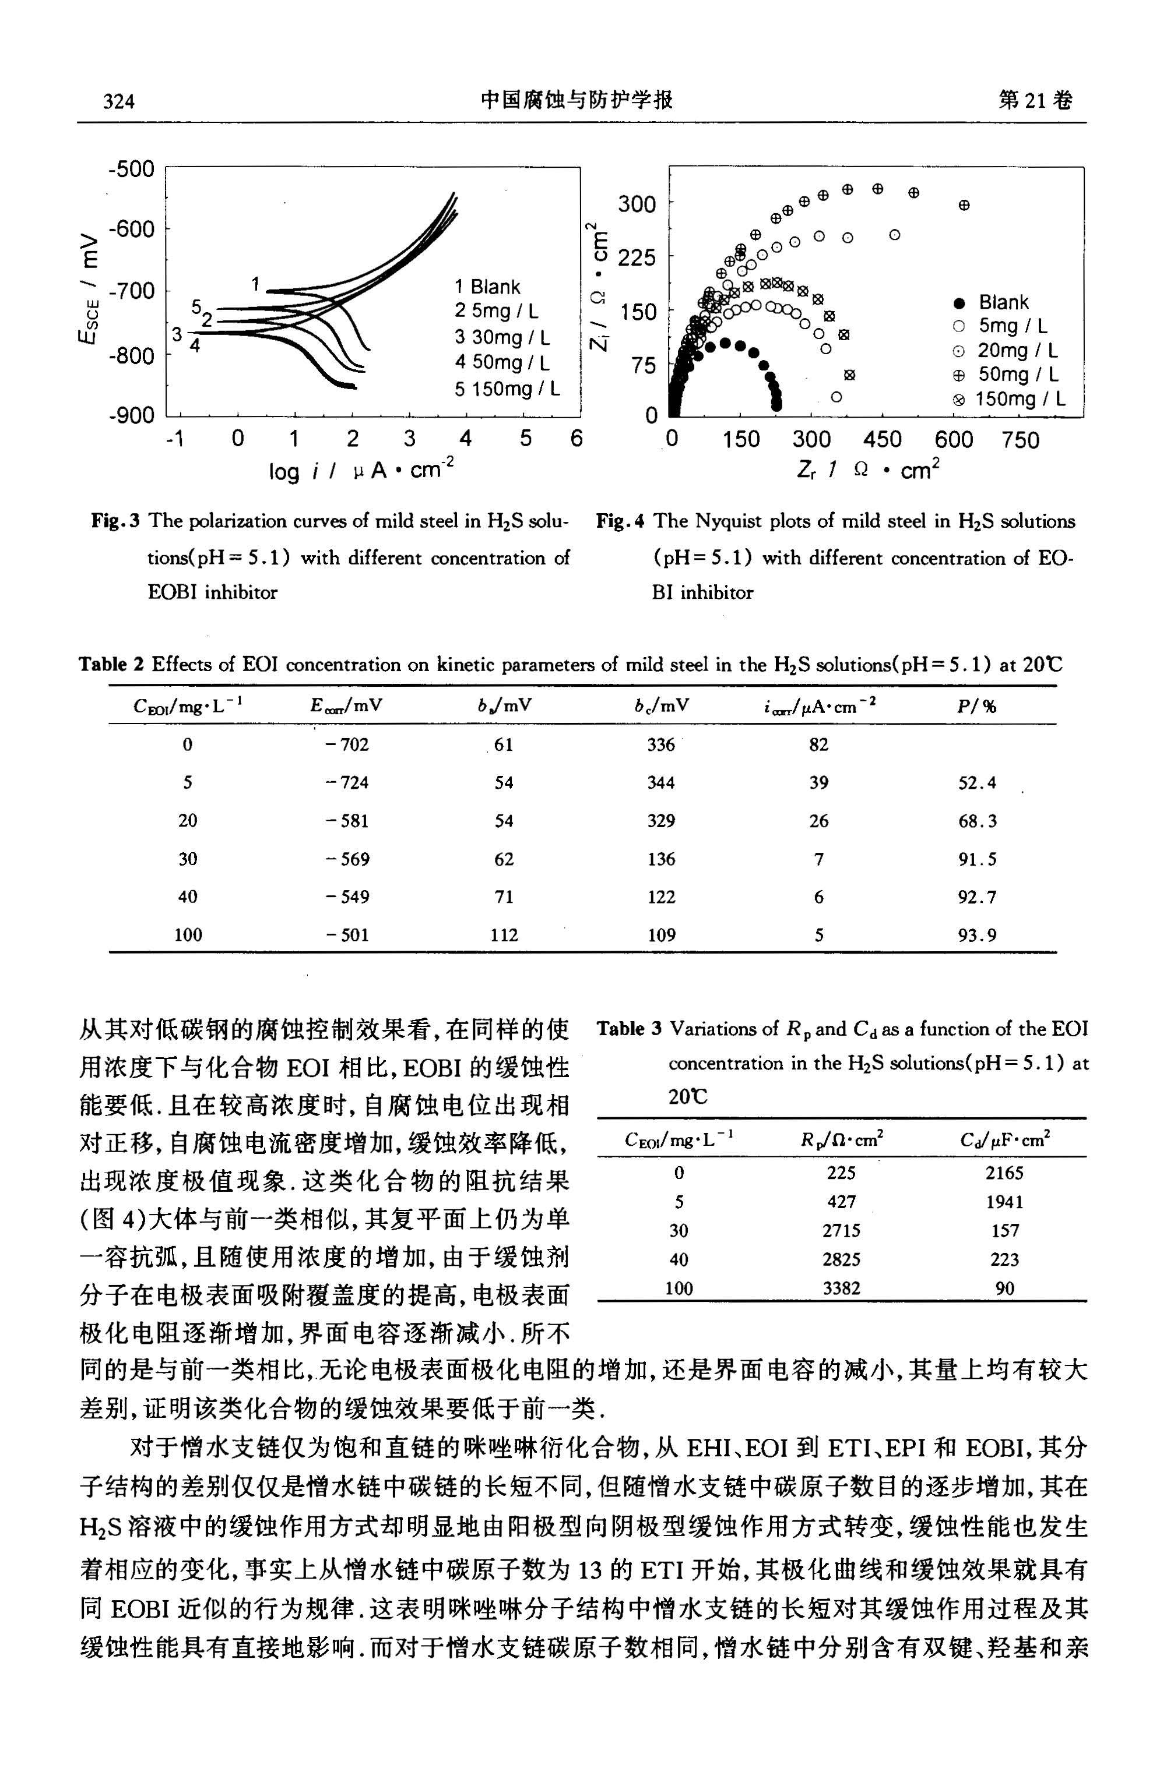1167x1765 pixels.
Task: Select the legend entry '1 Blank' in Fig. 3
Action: pos(487,287)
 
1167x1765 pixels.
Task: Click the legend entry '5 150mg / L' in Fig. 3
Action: pos(508,389)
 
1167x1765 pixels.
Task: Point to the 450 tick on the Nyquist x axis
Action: pos(882,440)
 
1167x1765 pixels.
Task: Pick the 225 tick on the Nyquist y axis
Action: pos(637,257)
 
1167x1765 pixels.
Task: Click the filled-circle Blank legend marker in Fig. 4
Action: pos(959,303)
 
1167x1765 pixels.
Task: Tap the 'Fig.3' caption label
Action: pos(115,521)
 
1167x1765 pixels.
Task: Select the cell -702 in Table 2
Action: pos(347,744)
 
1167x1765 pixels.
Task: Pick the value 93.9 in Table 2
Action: pos(976,935)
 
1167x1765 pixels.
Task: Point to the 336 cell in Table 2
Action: pos(661,744)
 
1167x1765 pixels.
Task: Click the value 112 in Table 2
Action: pos(504,935)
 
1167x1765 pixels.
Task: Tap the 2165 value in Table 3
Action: pos(1004,1173)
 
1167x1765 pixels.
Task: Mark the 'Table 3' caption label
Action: pos(629,1029)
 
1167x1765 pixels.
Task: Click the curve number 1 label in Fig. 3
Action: pos(255,283)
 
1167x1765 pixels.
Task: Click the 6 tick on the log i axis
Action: pos(576,440)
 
